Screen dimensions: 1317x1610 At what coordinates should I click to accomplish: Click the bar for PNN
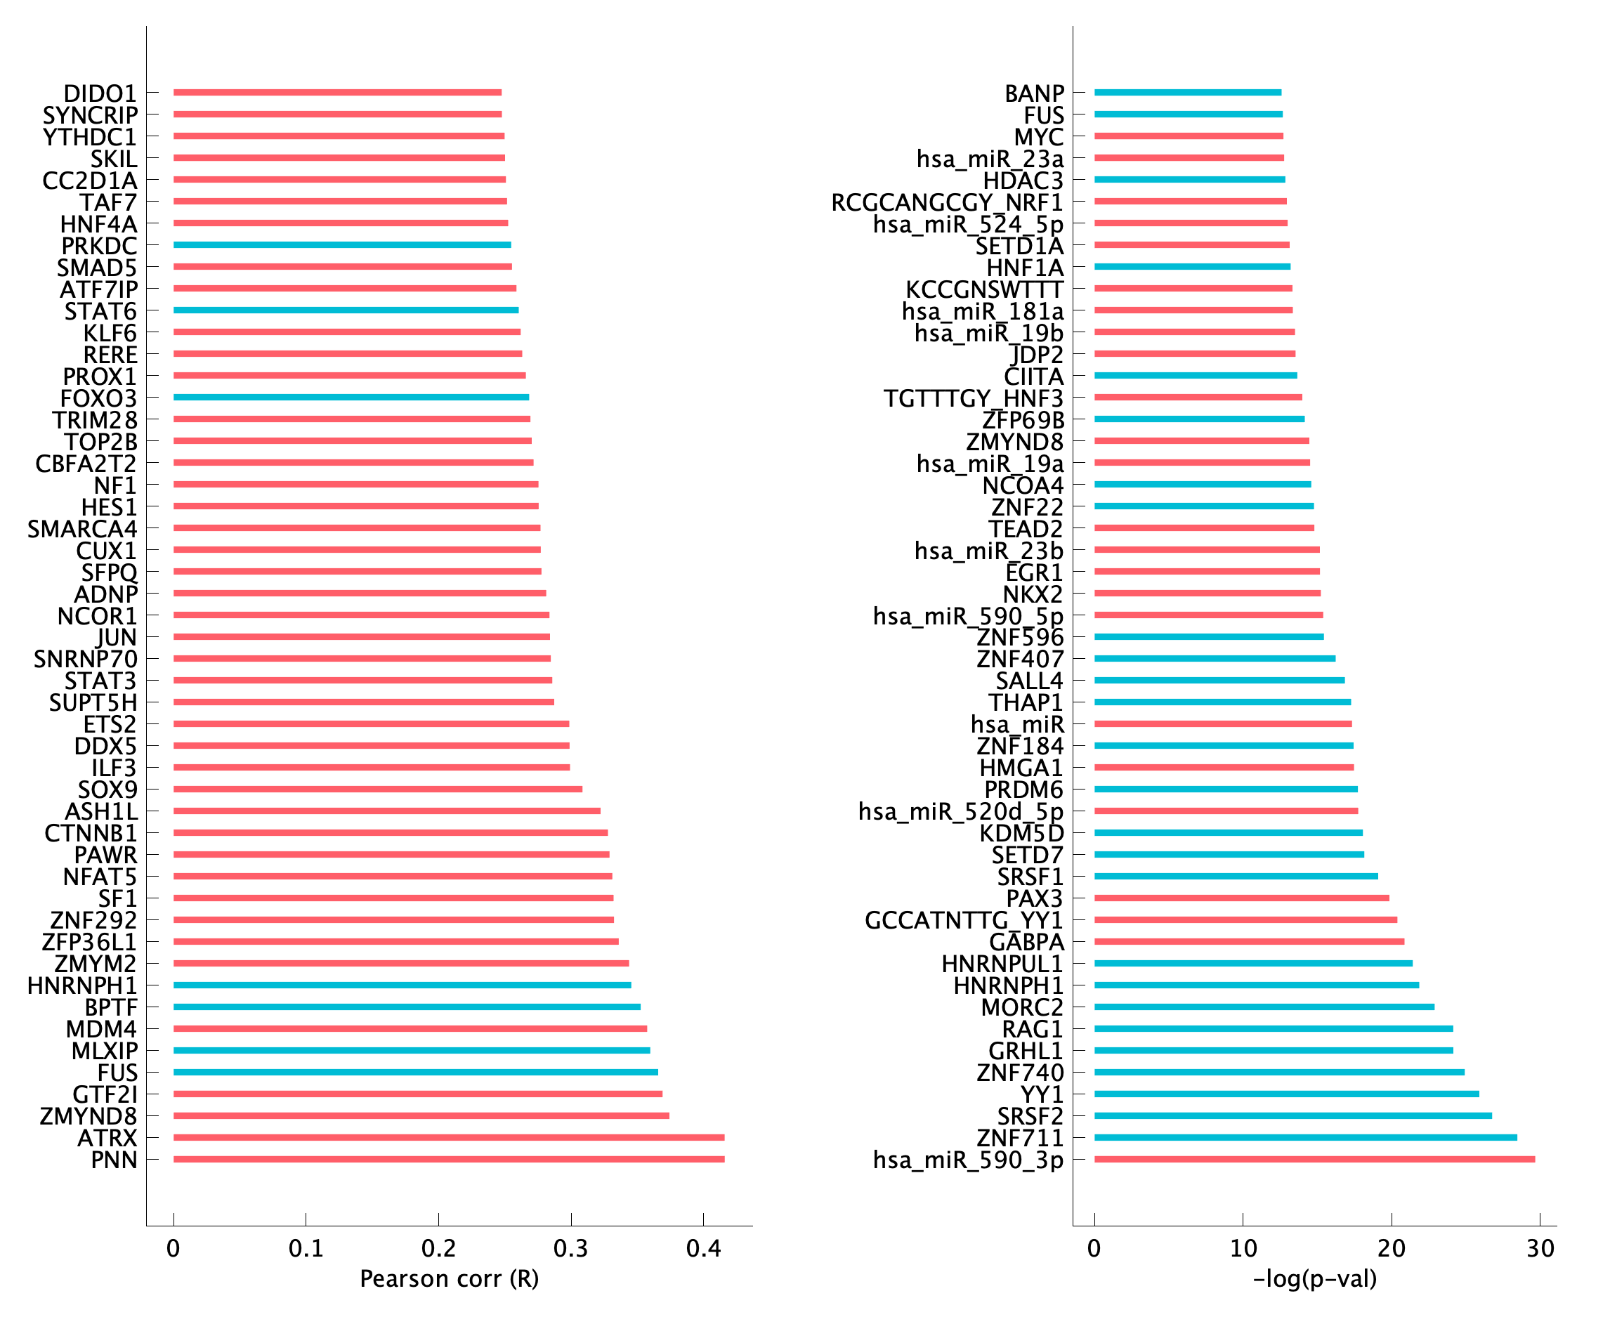click(448, 1159)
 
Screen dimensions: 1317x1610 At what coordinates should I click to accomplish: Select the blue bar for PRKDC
click(341, 245)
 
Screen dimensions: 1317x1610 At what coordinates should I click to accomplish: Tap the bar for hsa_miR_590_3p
click(1314, 1159)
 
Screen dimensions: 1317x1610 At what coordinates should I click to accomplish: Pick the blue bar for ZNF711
click(1305, 1137)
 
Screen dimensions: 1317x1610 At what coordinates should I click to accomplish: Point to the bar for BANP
click(1187, 93)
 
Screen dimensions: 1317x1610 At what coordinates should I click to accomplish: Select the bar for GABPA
click(1249, 941)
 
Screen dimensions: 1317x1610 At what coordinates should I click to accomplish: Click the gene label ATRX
click(107, 1138)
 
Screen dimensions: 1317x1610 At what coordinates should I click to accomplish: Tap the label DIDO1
click(100, 93)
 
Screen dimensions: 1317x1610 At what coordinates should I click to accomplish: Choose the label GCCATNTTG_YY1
click(964, 920)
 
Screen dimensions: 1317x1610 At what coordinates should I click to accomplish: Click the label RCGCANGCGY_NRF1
click(947, 202)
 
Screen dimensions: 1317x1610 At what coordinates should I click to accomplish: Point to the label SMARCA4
click(82, 529)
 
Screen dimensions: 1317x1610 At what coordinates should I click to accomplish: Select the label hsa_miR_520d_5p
click(960, 812)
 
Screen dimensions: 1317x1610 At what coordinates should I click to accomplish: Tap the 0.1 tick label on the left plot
click(306, 1248)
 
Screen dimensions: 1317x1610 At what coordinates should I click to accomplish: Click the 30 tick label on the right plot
click(1540, 1248)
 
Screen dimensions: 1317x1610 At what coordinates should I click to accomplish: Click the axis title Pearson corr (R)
click(449, 1279)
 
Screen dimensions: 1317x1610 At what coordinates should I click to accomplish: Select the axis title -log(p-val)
click(1315, 1279)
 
